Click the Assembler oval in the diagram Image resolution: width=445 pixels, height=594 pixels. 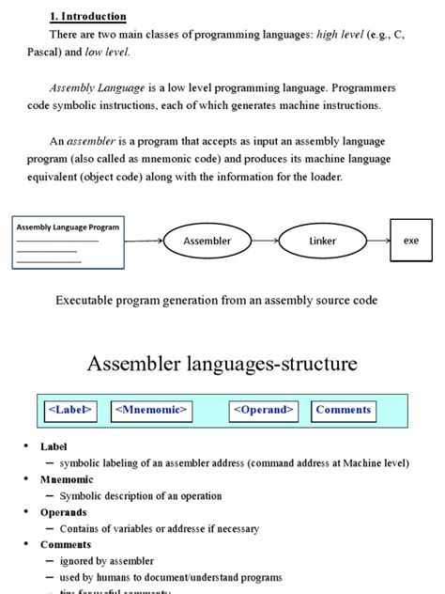207,242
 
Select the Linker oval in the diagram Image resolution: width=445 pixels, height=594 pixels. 322,242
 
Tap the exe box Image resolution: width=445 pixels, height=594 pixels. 410,241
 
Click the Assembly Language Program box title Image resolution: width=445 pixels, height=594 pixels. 67,227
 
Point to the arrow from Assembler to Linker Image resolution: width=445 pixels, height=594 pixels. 264,242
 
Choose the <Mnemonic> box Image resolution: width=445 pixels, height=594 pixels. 152,410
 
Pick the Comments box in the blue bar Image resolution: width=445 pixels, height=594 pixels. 344,410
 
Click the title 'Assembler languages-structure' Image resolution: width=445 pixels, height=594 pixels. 222,363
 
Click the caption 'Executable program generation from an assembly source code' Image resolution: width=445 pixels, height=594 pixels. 217,300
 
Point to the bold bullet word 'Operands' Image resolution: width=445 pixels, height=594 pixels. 64,512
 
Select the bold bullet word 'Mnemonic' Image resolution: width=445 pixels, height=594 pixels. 67,479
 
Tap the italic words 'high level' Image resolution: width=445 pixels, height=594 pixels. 342,35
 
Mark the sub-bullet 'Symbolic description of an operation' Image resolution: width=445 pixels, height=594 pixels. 141,495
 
